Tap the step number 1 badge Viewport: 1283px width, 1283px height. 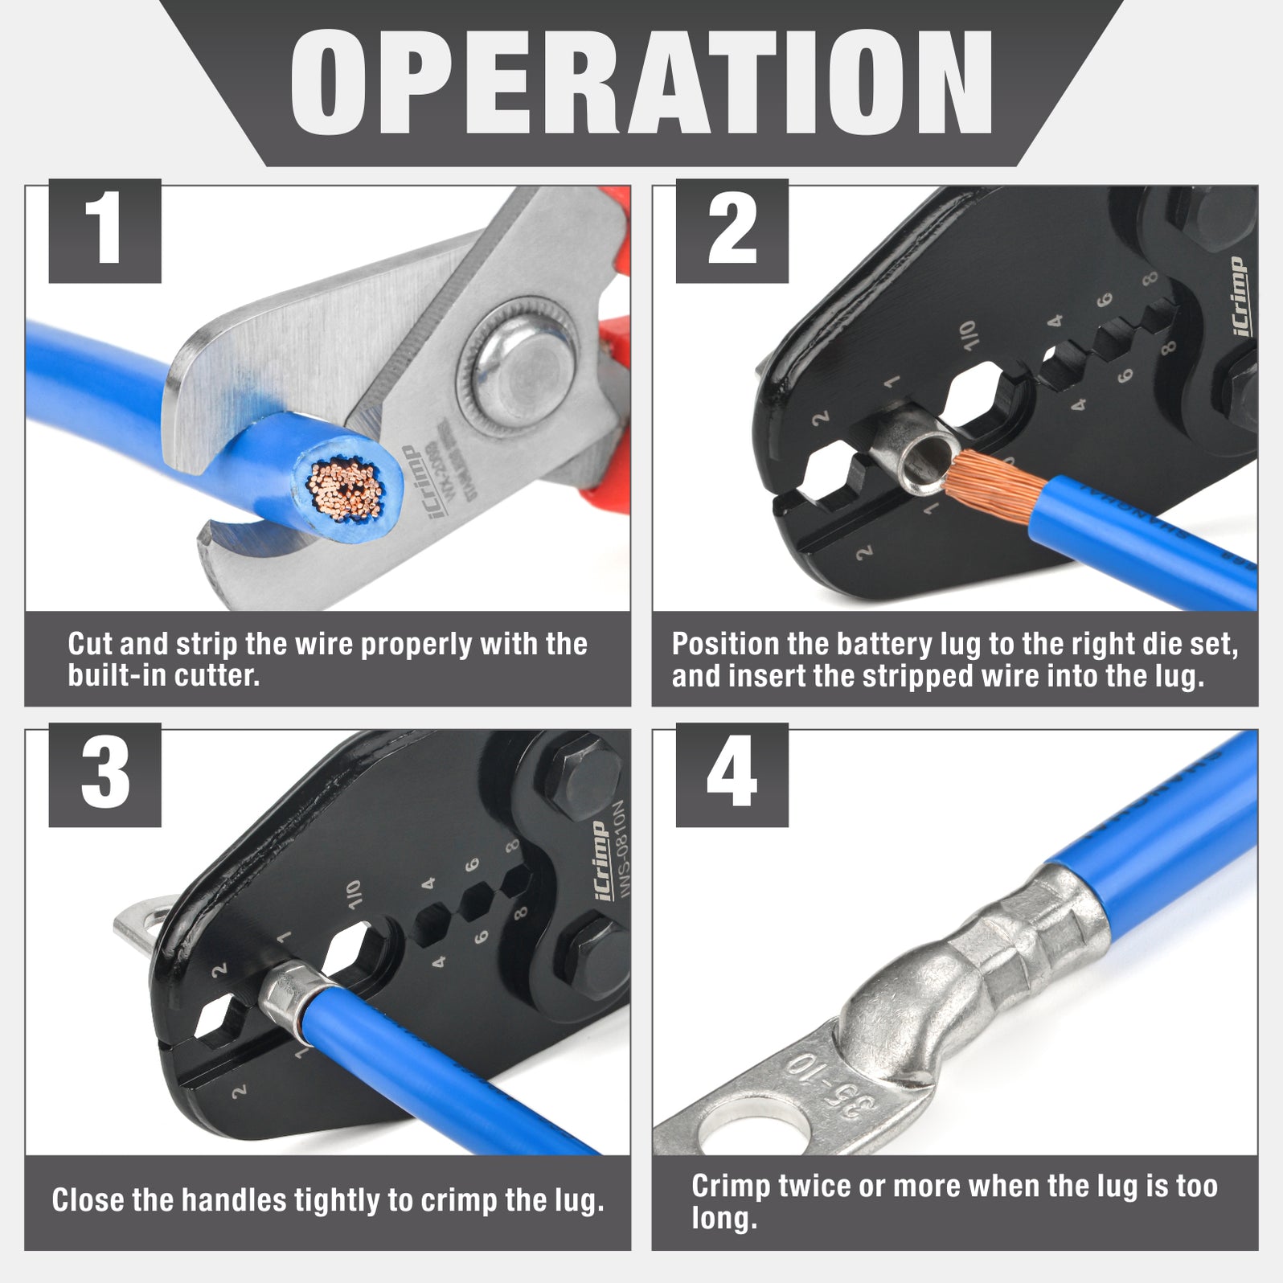(x=105, y=231)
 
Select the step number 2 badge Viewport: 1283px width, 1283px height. (x=732, y=231)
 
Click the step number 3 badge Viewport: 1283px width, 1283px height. (x=105, y=775)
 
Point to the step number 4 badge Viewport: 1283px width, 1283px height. (x=732, y=775)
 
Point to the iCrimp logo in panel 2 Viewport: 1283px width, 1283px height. (x=1239, y=297)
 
